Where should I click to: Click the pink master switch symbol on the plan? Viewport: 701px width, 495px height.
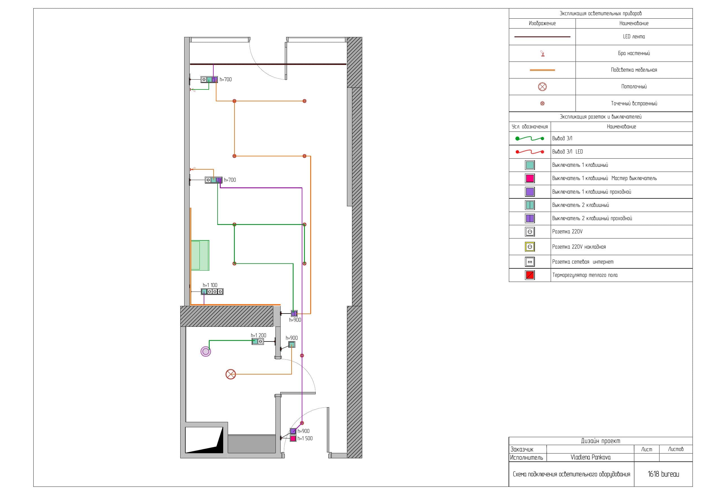tap(293, 439)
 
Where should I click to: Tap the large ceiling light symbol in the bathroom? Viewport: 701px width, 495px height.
tap(231, 374)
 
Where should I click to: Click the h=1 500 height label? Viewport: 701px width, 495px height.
tap(305, 438)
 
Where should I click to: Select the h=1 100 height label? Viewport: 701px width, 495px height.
tap(210, 285)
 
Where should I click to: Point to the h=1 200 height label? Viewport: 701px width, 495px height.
tap(259, 335)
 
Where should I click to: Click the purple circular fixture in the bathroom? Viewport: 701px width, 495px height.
tap(205, 352)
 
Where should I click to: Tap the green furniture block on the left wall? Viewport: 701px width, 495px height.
tap(200, 255)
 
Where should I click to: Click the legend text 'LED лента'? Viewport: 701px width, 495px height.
tap(634, 37)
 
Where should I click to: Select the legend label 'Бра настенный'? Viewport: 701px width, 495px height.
tap(634, 53)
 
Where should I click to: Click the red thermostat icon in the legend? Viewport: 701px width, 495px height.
tap(530, 275)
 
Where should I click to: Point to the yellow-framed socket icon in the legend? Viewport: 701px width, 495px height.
tap(530, 247)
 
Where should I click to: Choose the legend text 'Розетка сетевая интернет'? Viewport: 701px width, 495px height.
tap(583, 262)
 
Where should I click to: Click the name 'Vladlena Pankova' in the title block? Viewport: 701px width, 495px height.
tap(591, 457)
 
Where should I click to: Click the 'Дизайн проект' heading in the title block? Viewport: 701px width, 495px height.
tap(600, 441)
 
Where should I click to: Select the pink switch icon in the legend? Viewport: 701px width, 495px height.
tap(530, 178)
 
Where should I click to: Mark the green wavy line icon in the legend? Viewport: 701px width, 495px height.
tap(530, 139)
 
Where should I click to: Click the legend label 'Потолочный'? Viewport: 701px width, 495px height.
tap(634, 87)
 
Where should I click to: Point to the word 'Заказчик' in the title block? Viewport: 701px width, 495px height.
tap(522, 449)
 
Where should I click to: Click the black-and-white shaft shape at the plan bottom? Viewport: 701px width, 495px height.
tap(204, 440)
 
